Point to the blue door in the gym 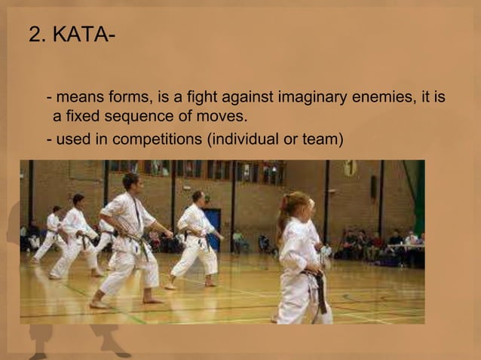tap(213, 226)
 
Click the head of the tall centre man tap(131, 182)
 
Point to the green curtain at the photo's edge tap(419, 196)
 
